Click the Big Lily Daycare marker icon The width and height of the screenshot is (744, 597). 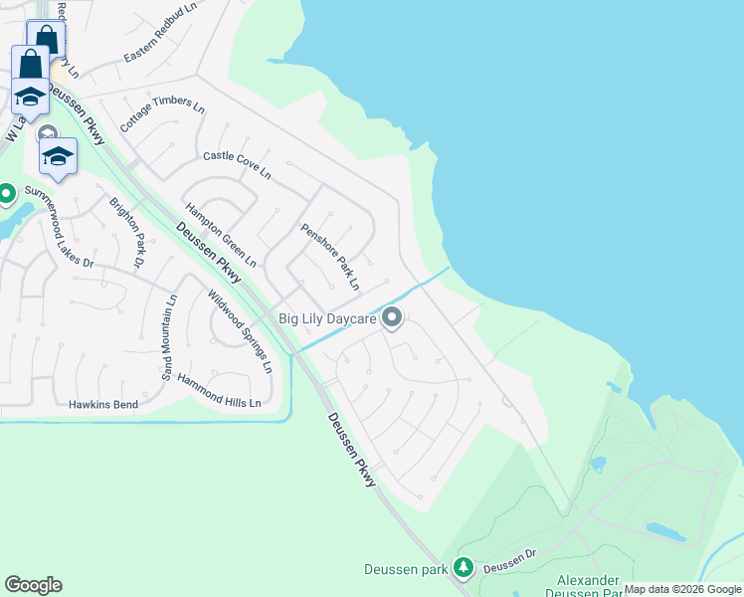392,318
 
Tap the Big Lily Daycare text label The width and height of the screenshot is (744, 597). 327,319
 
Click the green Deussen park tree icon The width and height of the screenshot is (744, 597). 463,567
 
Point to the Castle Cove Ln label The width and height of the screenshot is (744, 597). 237,165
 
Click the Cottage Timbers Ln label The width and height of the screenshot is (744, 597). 162,117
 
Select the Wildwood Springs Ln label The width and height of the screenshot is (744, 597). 239,331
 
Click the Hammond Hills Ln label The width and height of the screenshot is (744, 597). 219,391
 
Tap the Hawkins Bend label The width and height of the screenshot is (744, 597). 102,405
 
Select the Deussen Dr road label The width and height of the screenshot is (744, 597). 510,566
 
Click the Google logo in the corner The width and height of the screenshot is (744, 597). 33,585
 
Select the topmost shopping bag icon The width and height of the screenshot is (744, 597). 46,39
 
